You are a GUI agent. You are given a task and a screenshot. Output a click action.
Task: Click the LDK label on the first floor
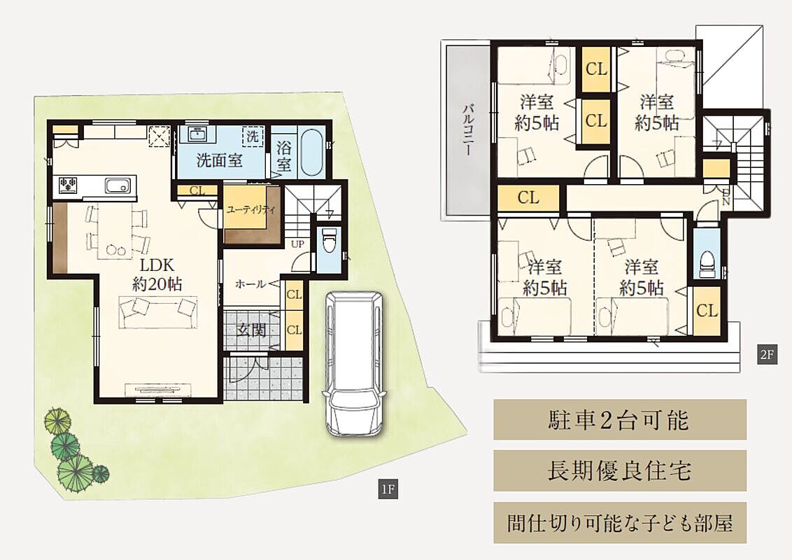(157, 265)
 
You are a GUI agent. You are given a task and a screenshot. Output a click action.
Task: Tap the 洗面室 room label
(219, 161)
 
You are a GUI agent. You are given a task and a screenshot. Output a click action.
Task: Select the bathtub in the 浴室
(311, 153)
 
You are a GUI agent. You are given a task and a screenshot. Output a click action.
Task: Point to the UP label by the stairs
(297, 244)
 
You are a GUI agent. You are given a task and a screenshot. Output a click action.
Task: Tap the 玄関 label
(251, 330)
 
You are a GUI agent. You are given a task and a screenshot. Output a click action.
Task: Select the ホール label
(250, 284)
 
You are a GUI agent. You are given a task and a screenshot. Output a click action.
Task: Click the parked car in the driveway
(353, 363)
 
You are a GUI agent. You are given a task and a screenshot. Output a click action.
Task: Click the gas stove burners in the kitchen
(68, 185)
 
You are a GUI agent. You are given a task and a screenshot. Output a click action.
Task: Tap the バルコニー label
(468, 129)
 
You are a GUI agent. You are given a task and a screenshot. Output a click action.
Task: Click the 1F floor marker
(388, 489)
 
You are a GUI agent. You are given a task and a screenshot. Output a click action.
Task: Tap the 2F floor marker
(767, 354)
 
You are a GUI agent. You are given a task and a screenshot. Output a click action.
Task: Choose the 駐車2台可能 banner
(620, 419)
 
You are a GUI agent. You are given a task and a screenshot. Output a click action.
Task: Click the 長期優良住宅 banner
(620, 470)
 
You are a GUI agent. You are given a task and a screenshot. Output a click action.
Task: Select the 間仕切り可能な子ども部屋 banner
(620, 523)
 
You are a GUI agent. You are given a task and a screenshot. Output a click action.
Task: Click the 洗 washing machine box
(253, 136)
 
